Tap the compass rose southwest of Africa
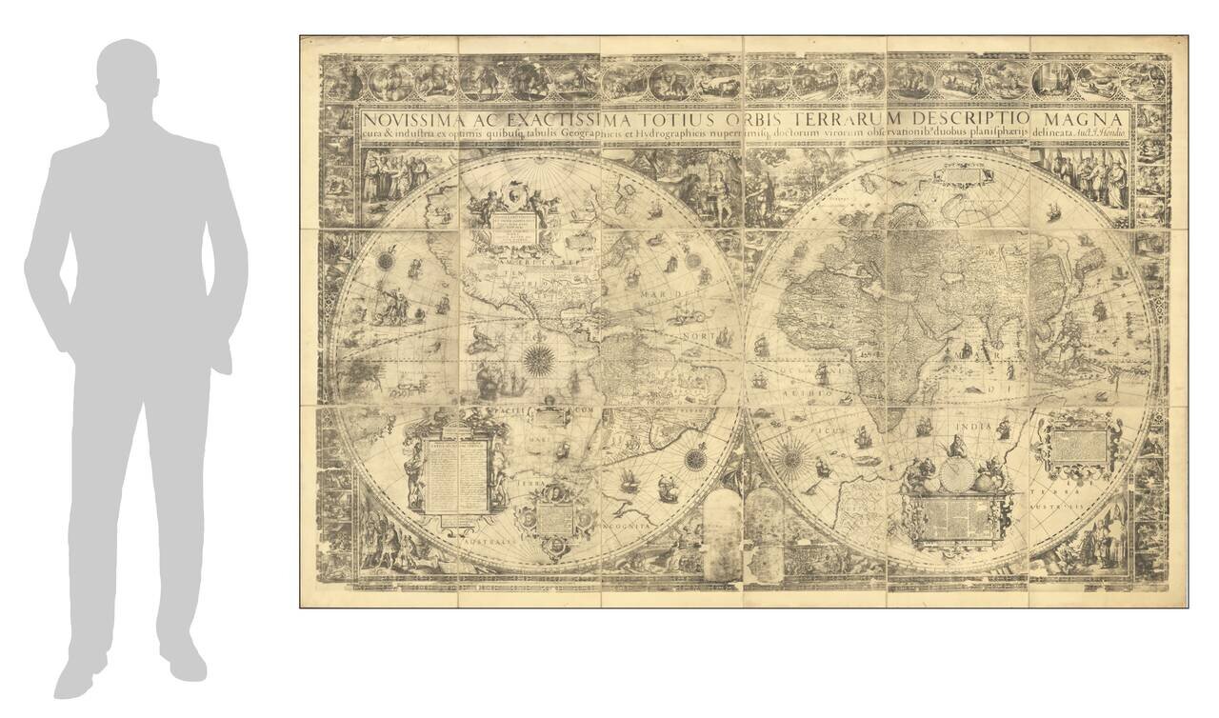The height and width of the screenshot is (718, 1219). coord(790,461)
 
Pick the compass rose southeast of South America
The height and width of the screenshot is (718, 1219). coord(695,459)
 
